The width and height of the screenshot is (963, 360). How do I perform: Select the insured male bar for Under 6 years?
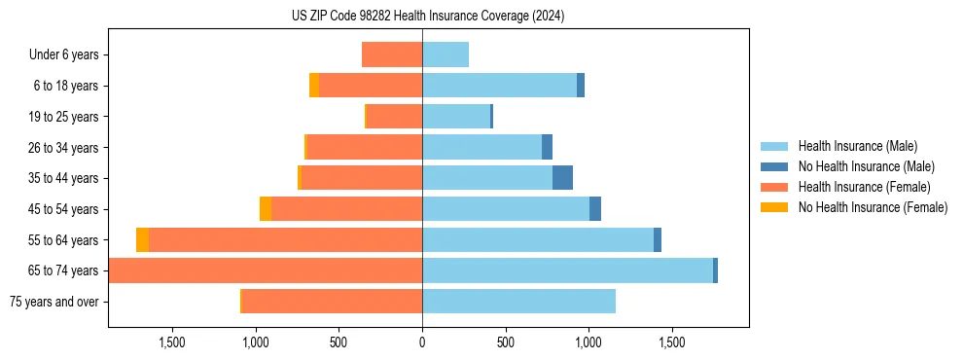[446, 54]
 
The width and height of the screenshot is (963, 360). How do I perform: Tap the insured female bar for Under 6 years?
[392, 54]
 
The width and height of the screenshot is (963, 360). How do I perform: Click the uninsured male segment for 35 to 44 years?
[562, 178]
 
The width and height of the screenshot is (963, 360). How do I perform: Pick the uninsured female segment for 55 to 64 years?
[142, 239]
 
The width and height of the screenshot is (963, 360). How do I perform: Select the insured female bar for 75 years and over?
[332, 302]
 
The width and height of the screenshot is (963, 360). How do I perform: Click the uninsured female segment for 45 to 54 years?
[266, 209]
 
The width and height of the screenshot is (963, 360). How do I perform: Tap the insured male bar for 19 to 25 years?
[456, 117]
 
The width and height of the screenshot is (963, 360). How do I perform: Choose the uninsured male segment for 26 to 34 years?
[547, 147]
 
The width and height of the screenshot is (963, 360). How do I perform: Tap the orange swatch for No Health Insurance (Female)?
[774, 207]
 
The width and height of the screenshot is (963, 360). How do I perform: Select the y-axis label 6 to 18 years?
[66, 86]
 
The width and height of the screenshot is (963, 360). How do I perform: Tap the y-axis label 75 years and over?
[53, 302]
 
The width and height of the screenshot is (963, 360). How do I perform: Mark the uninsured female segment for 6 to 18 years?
[314, 86]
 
